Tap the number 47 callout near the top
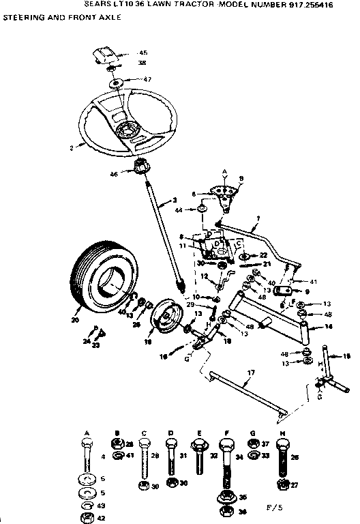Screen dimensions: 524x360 pyautogui.click(x=147, y=79)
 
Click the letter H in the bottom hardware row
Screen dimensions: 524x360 pyautogui.click(x=282, y=433)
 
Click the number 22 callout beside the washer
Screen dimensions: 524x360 pyautogui.click(x=263, y=255)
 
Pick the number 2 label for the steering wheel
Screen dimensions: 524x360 pyautogui.click(x=70, y=146)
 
